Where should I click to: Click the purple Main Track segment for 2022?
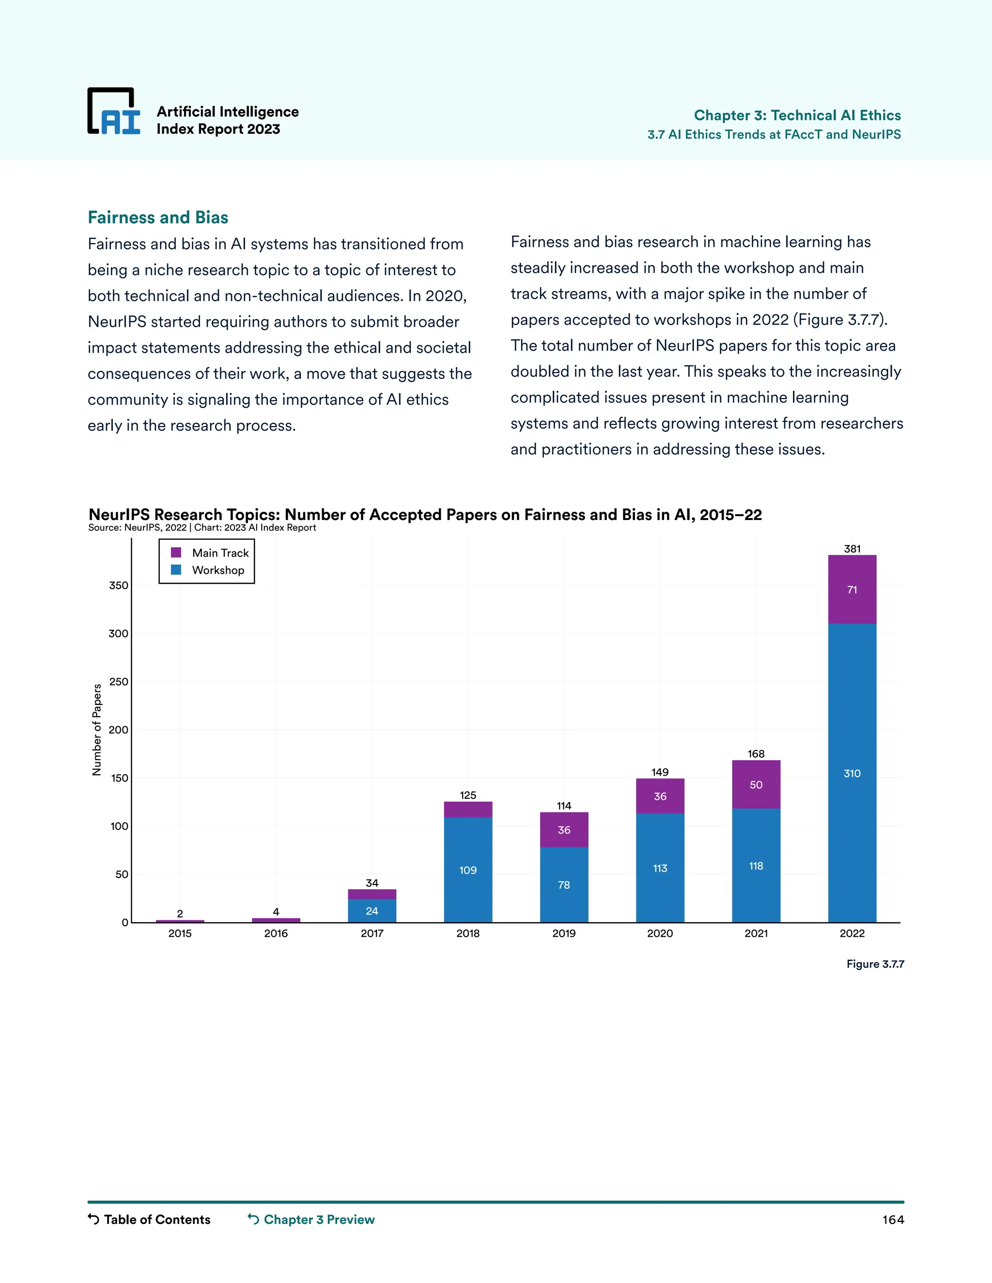pos(852,589)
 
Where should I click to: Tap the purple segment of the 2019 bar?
pos(564,829)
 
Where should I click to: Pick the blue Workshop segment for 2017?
pos(372,910)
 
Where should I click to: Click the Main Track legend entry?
pos(210,553)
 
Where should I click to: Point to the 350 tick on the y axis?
pos(118,585)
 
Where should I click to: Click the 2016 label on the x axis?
pos(276,933)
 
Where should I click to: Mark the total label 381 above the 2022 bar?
pos(852,549)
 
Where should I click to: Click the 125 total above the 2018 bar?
pos(468,795)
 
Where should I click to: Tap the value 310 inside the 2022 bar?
pos(852,773)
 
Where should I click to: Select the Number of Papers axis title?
pos(97,730)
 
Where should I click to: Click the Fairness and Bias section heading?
pos(157,217)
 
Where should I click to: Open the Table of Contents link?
pos(149,1220)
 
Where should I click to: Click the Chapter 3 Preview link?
pos(311,1220)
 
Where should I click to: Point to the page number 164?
pos(893,1220)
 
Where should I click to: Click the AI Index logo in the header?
pos(114,112)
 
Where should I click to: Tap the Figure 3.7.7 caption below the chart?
pos(875,964)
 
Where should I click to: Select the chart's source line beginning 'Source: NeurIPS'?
pos(202,528)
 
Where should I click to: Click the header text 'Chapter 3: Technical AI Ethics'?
pos(797,115)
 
